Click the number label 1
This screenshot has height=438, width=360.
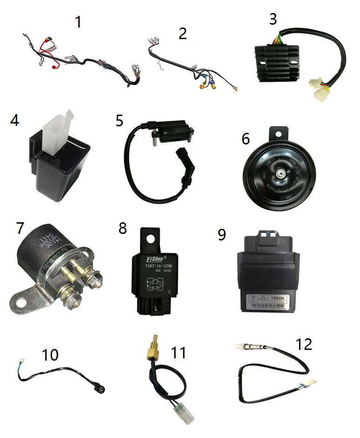tap(79, 21)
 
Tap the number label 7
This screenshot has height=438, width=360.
tap(20, 228)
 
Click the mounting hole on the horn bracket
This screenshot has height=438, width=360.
tap(279, 134)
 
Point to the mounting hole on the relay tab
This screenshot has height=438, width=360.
tap(151, 240)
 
